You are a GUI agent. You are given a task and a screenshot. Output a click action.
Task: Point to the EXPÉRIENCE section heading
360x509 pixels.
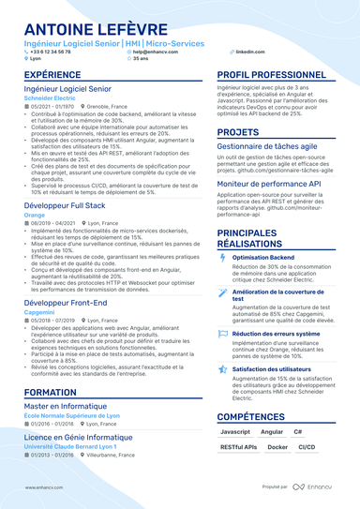(x=52, y=74)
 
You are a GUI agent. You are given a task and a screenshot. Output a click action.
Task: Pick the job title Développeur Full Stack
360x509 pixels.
(x=66, y=205)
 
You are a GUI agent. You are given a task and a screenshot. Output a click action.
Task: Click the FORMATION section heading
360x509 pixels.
(x=51, y=393)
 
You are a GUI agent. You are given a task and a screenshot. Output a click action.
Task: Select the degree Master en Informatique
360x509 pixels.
(x=65, y=408)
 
